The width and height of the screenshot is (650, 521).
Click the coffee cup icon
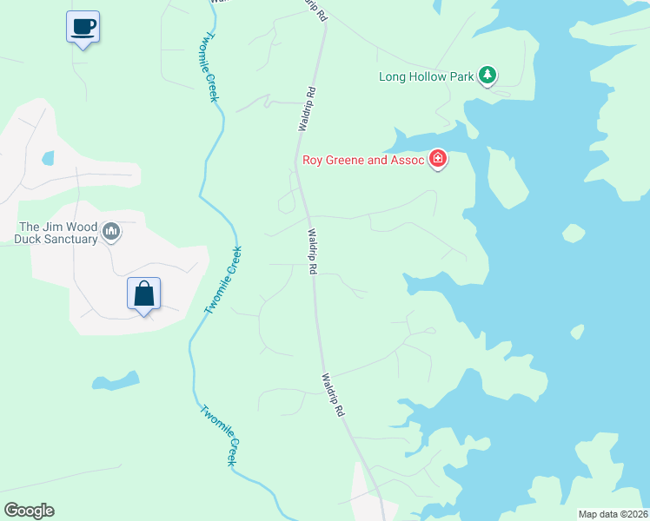[x=83, y=26]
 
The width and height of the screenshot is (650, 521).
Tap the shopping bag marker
[x=144, y=293]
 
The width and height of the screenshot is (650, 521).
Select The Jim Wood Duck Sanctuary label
[x=58, y=233]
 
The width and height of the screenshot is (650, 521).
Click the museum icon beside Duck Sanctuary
[x=111, y=232]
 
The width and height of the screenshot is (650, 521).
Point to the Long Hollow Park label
[x=426, y=76]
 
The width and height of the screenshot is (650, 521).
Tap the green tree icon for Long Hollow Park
[x=487, y=76]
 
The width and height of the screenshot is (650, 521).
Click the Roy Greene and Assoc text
[x=362, y=160]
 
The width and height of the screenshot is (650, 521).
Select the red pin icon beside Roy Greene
[x=438, y=159]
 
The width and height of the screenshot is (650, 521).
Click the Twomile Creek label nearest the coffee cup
[x=209, y=68]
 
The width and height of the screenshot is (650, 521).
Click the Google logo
[x=29, y=511]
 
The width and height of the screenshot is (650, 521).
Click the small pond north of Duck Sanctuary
[x=47, y=159]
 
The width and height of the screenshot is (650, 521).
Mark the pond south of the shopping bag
[x=117, y=380]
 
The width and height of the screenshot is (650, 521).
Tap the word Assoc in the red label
[x=407, y=160]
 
